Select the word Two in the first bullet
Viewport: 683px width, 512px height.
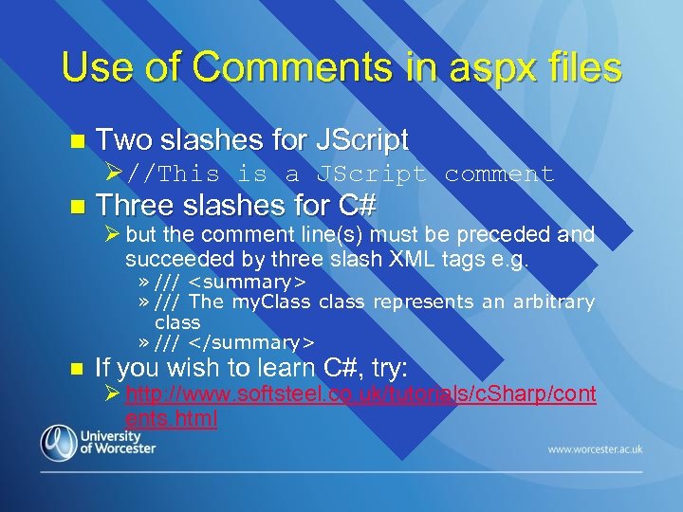124,141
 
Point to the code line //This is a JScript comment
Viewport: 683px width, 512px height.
341,174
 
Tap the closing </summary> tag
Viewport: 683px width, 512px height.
251,341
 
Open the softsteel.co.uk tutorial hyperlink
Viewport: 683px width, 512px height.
360,393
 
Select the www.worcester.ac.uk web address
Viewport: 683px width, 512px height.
595,449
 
